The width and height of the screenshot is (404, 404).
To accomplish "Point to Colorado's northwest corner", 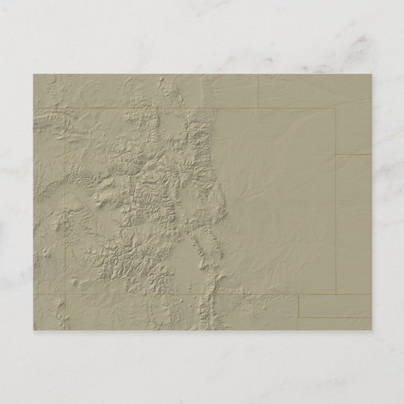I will (x=65, y=108).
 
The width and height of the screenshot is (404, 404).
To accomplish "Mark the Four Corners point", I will (x=65, y=294).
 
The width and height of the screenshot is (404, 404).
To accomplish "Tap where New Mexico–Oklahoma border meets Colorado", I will (x=298, y=294).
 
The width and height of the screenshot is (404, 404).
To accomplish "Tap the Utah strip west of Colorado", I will (x=48, y=201).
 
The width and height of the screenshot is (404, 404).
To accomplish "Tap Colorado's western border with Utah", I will (x=65, y=201).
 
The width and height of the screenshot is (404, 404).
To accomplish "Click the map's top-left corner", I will (x=34, y=75).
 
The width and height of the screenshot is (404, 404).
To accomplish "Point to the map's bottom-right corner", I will (x=370, y=329).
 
